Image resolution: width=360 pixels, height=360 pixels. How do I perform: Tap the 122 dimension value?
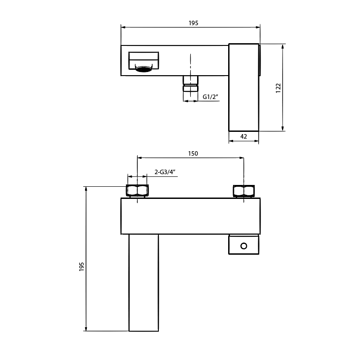pos(278,88)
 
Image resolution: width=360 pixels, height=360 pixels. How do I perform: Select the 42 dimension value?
pos(243,136)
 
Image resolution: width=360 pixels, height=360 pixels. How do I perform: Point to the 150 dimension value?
pos(193,153)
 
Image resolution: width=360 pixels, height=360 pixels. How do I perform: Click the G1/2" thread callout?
pos(210,97)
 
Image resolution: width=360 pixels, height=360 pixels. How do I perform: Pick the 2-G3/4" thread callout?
pos(165,172)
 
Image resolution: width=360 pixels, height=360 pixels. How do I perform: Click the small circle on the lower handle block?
pos(243,246)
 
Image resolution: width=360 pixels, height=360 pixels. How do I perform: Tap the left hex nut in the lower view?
pos(137,190)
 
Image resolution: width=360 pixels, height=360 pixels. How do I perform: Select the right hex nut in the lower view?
pos(244,191)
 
